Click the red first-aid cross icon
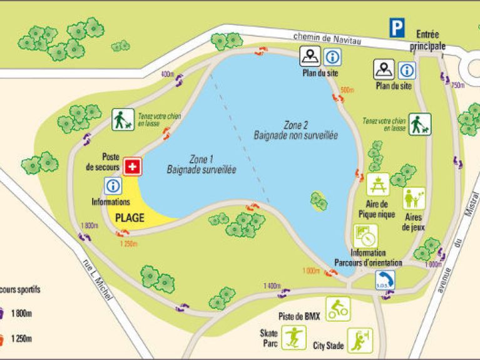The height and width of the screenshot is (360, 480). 132,166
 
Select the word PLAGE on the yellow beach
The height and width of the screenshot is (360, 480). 130,219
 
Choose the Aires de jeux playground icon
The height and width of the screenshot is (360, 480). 414,199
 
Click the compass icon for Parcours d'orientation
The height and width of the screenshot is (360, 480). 365,236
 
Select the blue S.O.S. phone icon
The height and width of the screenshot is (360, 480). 386,280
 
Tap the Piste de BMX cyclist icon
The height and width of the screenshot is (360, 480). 338,309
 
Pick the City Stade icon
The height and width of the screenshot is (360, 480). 360,340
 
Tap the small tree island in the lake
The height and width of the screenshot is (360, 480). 319,200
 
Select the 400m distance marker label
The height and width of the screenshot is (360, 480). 167,74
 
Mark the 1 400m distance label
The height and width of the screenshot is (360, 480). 271,285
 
